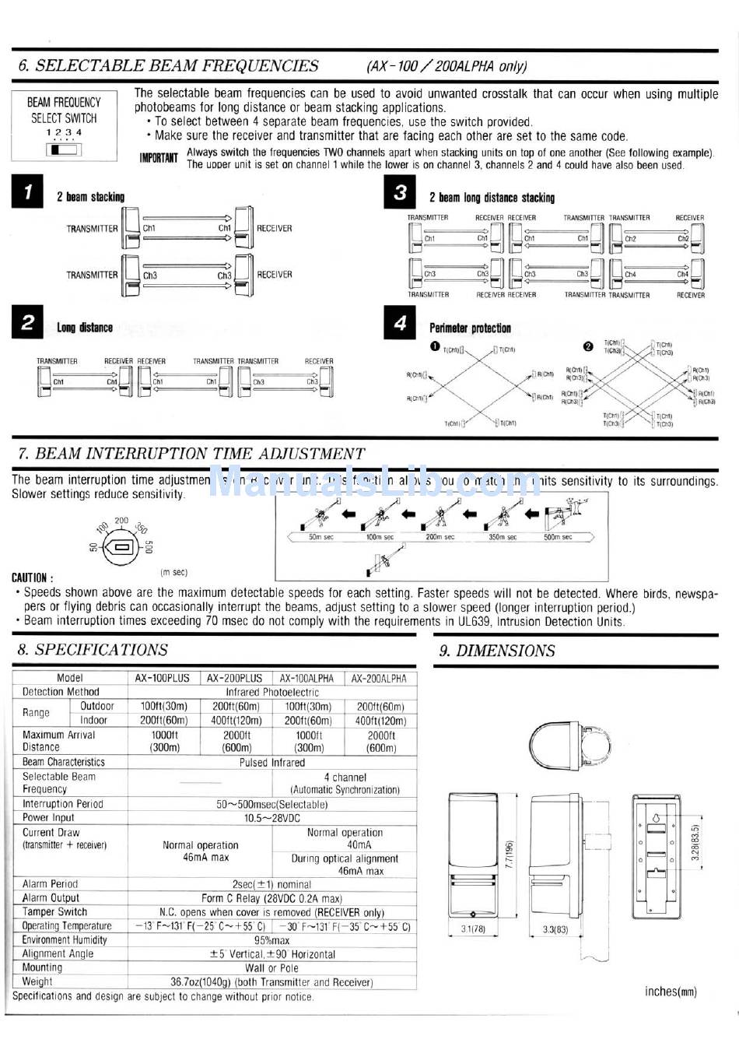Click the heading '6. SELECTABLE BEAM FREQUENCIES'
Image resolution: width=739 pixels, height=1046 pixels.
(x=168, y=66)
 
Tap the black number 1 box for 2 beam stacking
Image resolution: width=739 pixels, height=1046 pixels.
(x=27, y=193)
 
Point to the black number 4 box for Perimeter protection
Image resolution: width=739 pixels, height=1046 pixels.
(x=400, y=324)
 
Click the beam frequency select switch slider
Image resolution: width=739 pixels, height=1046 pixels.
(x=64, y=149)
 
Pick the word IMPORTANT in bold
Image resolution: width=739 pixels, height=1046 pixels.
(x=159, y=158)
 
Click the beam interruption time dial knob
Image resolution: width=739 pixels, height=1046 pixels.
(x=120, y=547)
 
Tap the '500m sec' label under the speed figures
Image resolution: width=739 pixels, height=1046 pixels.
(x=558, y=537)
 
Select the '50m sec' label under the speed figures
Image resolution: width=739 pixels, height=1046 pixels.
(x=321, y=537)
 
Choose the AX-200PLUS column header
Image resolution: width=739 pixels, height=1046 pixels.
(x=236, y=678)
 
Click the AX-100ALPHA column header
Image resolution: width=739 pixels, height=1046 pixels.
(x=307, y=678)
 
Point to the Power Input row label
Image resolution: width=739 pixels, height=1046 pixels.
(x=48, y=817)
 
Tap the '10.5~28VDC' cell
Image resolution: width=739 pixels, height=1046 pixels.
(x=271, y=818)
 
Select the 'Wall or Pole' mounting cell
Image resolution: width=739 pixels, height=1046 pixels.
(x=271, y=968)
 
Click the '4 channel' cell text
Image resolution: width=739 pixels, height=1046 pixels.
(x=345, y=777)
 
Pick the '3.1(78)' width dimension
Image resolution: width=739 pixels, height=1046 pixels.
(x=472, y=928)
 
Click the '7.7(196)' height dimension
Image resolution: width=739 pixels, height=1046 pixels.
(x=510, y=855)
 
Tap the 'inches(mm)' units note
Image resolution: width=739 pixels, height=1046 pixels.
(x=671, y=992)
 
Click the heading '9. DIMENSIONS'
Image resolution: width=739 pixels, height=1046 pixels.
(x=497, y=651)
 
